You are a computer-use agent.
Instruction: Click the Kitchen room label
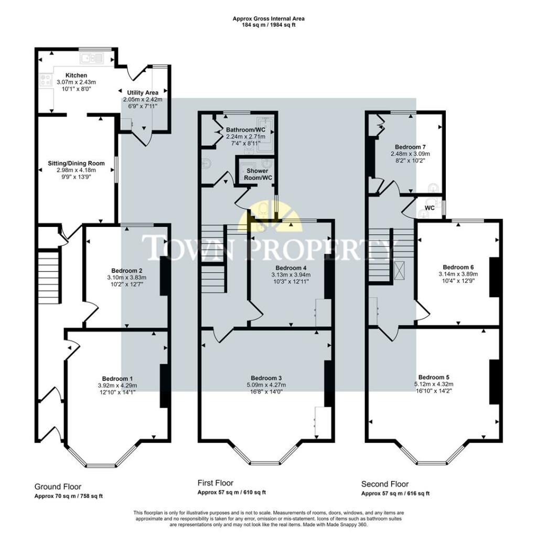76,75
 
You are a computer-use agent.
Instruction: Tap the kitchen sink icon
92,58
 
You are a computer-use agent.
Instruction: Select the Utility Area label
143,93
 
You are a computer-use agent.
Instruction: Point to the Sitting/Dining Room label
73,163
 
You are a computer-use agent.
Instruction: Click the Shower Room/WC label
257,174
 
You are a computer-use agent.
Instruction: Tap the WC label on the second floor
429,208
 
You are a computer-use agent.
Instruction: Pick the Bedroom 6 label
458,266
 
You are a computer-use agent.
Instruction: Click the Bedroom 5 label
433,377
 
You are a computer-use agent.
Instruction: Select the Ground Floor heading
58,487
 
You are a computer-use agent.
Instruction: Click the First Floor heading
215,483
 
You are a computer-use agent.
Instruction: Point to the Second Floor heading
385,484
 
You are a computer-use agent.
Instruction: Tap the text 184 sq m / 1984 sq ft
268,25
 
